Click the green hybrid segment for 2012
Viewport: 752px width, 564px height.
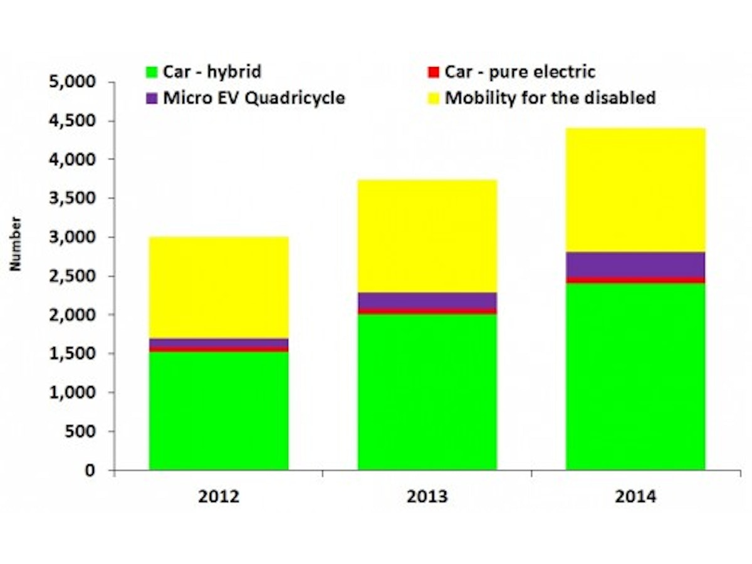click(219, 410)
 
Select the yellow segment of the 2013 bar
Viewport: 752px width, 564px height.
click(427, 236)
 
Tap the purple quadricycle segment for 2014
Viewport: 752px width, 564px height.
click(635, 264)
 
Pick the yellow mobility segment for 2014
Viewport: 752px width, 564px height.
click(635, 191)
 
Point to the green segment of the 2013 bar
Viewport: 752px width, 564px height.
click(427, 392)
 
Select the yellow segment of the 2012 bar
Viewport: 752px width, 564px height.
click(219, 288)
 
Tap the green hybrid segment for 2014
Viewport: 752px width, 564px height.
click(635, 376)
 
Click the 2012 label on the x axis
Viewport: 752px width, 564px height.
click(219, 497)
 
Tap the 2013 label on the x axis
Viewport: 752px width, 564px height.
click(427, 497)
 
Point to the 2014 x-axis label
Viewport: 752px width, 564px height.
click(635, 497)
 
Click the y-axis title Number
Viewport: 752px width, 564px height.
click(16, 243)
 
